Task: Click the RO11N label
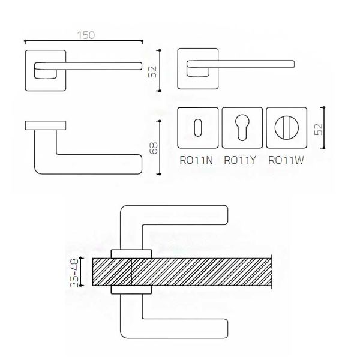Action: click(x=196, y=160)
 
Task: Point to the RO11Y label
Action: click(x=240, y=160)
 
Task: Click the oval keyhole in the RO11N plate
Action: click(x=199, y=127)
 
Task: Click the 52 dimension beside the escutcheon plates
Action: click(x=319, y=128)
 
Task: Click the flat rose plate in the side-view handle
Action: click(x=45, y=125)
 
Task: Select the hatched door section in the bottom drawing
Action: click(x=192, y=271)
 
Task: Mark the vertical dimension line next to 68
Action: click(x=160, y=146)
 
